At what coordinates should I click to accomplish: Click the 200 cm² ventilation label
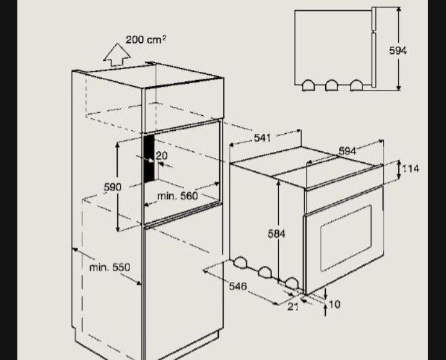(x=146, y=39)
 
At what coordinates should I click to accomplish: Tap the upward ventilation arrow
(x=117, y=55)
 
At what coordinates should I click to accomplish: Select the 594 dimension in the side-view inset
(x=398, y=51)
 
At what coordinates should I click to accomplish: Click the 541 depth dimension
(x=262, y=138)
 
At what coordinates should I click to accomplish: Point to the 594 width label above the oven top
(x=348, y=151)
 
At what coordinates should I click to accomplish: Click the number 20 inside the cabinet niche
(x=162, y=156)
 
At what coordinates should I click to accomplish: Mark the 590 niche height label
(x=113, y=187)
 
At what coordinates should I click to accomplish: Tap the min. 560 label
(x=178, y=196)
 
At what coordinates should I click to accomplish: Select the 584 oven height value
(x=276, y=234)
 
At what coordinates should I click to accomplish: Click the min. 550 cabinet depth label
(x=110, y=267)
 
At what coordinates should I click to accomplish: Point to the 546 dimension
(x=238, y=286)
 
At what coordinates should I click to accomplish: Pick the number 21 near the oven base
(x=293, y=307)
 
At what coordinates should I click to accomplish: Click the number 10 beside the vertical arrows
(x=334, y=304)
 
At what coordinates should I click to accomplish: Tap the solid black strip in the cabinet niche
(x=149, y=159)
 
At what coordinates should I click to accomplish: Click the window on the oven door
(x=346, y=238)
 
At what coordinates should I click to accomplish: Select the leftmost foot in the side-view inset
(x=308, y=86)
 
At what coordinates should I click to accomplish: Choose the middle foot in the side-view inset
(x=331, y=86)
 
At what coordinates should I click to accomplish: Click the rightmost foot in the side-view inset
(x=356, y=86)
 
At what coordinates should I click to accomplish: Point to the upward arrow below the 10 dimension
(x=325, y=310)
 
